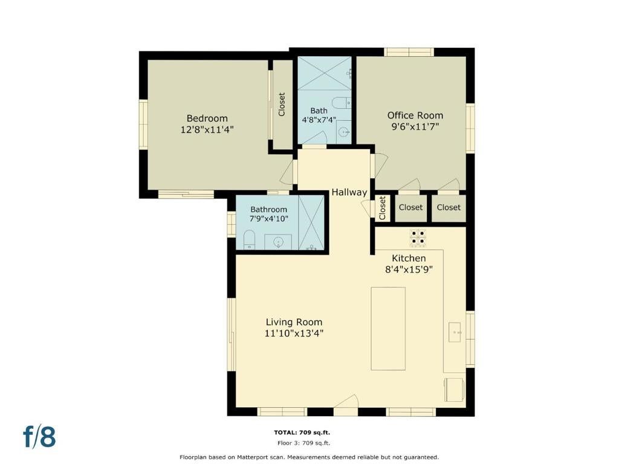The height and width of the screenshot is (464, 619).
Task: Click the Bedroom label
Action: click(207, 118)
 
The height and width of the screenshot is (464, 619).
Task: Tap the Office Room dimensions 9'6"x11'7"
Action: click(415, 127)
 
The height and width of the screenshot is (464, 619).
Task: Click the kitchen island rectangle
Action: click(388, 329)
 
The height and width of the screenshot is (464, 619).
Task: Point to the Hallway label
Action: click(349, 193)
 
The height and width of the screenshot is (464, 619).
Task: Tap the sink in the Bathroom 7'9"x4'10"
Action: click(278, 242)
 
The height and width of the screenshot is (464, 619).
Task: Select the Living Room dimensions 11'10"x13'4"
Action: click(294, 333)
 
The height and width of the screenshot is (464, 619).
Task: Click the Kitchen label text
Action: click(409, 259)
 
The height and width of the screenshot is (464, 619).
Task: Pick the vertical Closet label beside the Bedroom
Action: click(282, 105)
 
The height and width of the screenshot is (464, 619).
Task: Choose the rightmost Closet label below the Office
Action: click(449, 207)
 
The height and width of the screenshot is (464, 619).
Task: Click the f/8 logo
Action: click(39, 437)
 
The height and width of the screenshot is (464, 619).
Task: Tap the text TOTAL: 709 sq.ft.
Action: click(302, 433)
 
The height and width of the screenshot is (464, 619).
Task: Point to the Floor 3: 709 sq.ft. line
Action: click(303, 443)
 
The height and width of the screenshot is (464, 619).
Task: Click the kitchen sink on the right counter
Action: click(455, 332)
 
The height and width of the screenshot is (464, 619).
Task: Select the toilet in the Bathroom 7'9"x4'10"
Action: click(249, 240)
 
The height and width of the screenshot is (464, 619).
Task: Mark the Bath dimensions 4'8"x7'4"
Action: click(319, 120)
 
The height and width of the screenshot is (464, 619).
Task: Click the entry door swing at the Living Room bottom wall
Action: click(346, 404)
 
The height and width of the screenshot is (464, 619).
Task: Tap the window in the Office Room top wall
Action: click(409, 52)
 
